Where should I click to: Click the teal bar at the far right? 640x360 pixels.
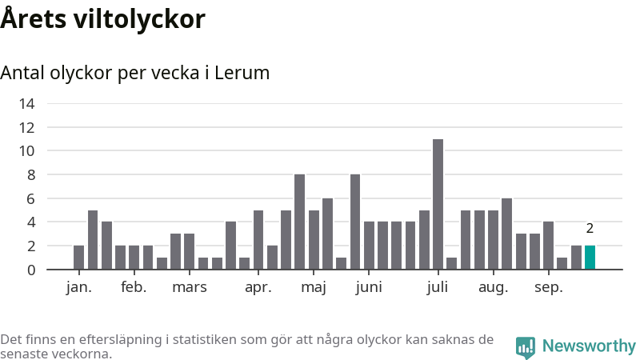(x=590, y=258)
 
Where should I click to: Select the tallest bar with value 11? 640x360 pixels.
(x=438, y=204)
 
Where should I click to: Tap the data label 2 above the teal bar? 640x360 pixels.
(x=590, y=229)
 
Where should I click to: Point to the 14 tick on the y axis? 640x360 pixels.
(x=27, y=103)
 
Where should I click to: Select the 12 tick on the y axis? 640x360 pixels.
(x=27, y=127)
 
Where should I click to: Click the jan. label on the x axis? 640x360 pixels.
(x=78, y=287)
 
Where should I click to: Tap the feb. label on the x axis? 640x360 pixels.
(x=134, y=287)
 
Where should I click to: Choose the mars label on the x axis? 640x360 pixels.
(x=189, y=287)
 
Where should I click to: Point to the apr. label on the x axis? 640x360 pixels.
(x=258, y=287)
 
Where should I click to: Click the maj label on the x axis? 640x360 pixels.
(x=313, y=287)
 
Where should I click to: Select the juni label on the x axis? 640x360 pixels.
(x=368, y=287)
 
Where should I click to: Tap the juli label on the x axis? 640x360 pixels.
(x=438, y=287)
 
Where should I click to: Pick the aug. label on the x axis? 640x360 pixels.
(x=493, y=287)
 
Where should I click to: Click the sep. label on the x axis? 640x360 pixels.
(x=548, y=287)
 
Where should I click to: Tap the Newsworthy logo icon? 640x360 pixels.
(x=526, y=346)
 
